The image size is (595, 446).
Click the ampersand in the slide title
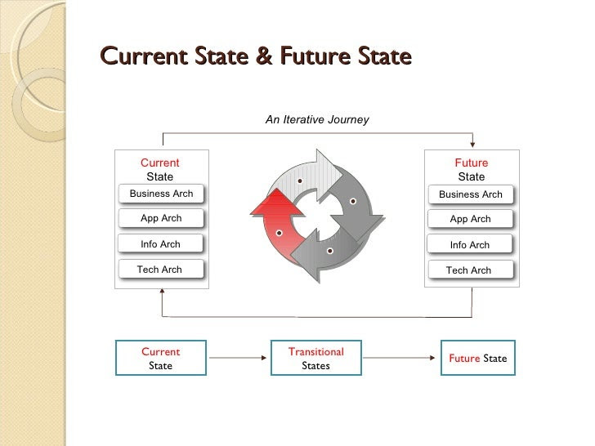[x=264, y=56]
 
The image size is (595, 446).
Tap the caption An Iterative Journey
[x=317, y=119]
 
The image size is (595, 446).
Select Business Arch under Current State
[x=161, y=194]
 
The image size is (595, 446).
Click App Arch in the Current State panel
[x=161, y=218]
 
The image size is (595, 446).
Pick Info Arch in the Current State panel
[x=160, y=244]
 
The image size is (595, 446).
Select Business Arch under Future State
[x=471, y=194]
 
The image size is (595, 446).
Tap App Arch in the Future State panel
[x=470, y=219]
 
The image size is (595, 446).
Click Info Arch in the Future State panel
[x=470, y=245]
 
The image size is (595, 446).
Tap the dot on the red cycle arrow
[x=279, y=233]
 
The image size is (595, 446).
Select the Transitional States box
[x=316, y=358]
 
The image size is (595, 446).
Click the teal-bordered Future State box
[x=478, y=358]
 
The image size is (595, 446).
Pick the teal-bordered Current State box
[x=161, y=358]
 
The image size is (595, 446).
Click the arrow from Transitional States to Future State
[x=399, y=358]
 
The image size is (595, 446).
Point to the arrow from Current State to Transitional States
[x=238, y=358]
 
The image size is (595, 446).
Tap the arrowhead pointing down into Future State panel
[x=472, y=145]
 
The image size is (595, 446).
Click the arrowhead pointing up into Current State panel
[x=162, y=292]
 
